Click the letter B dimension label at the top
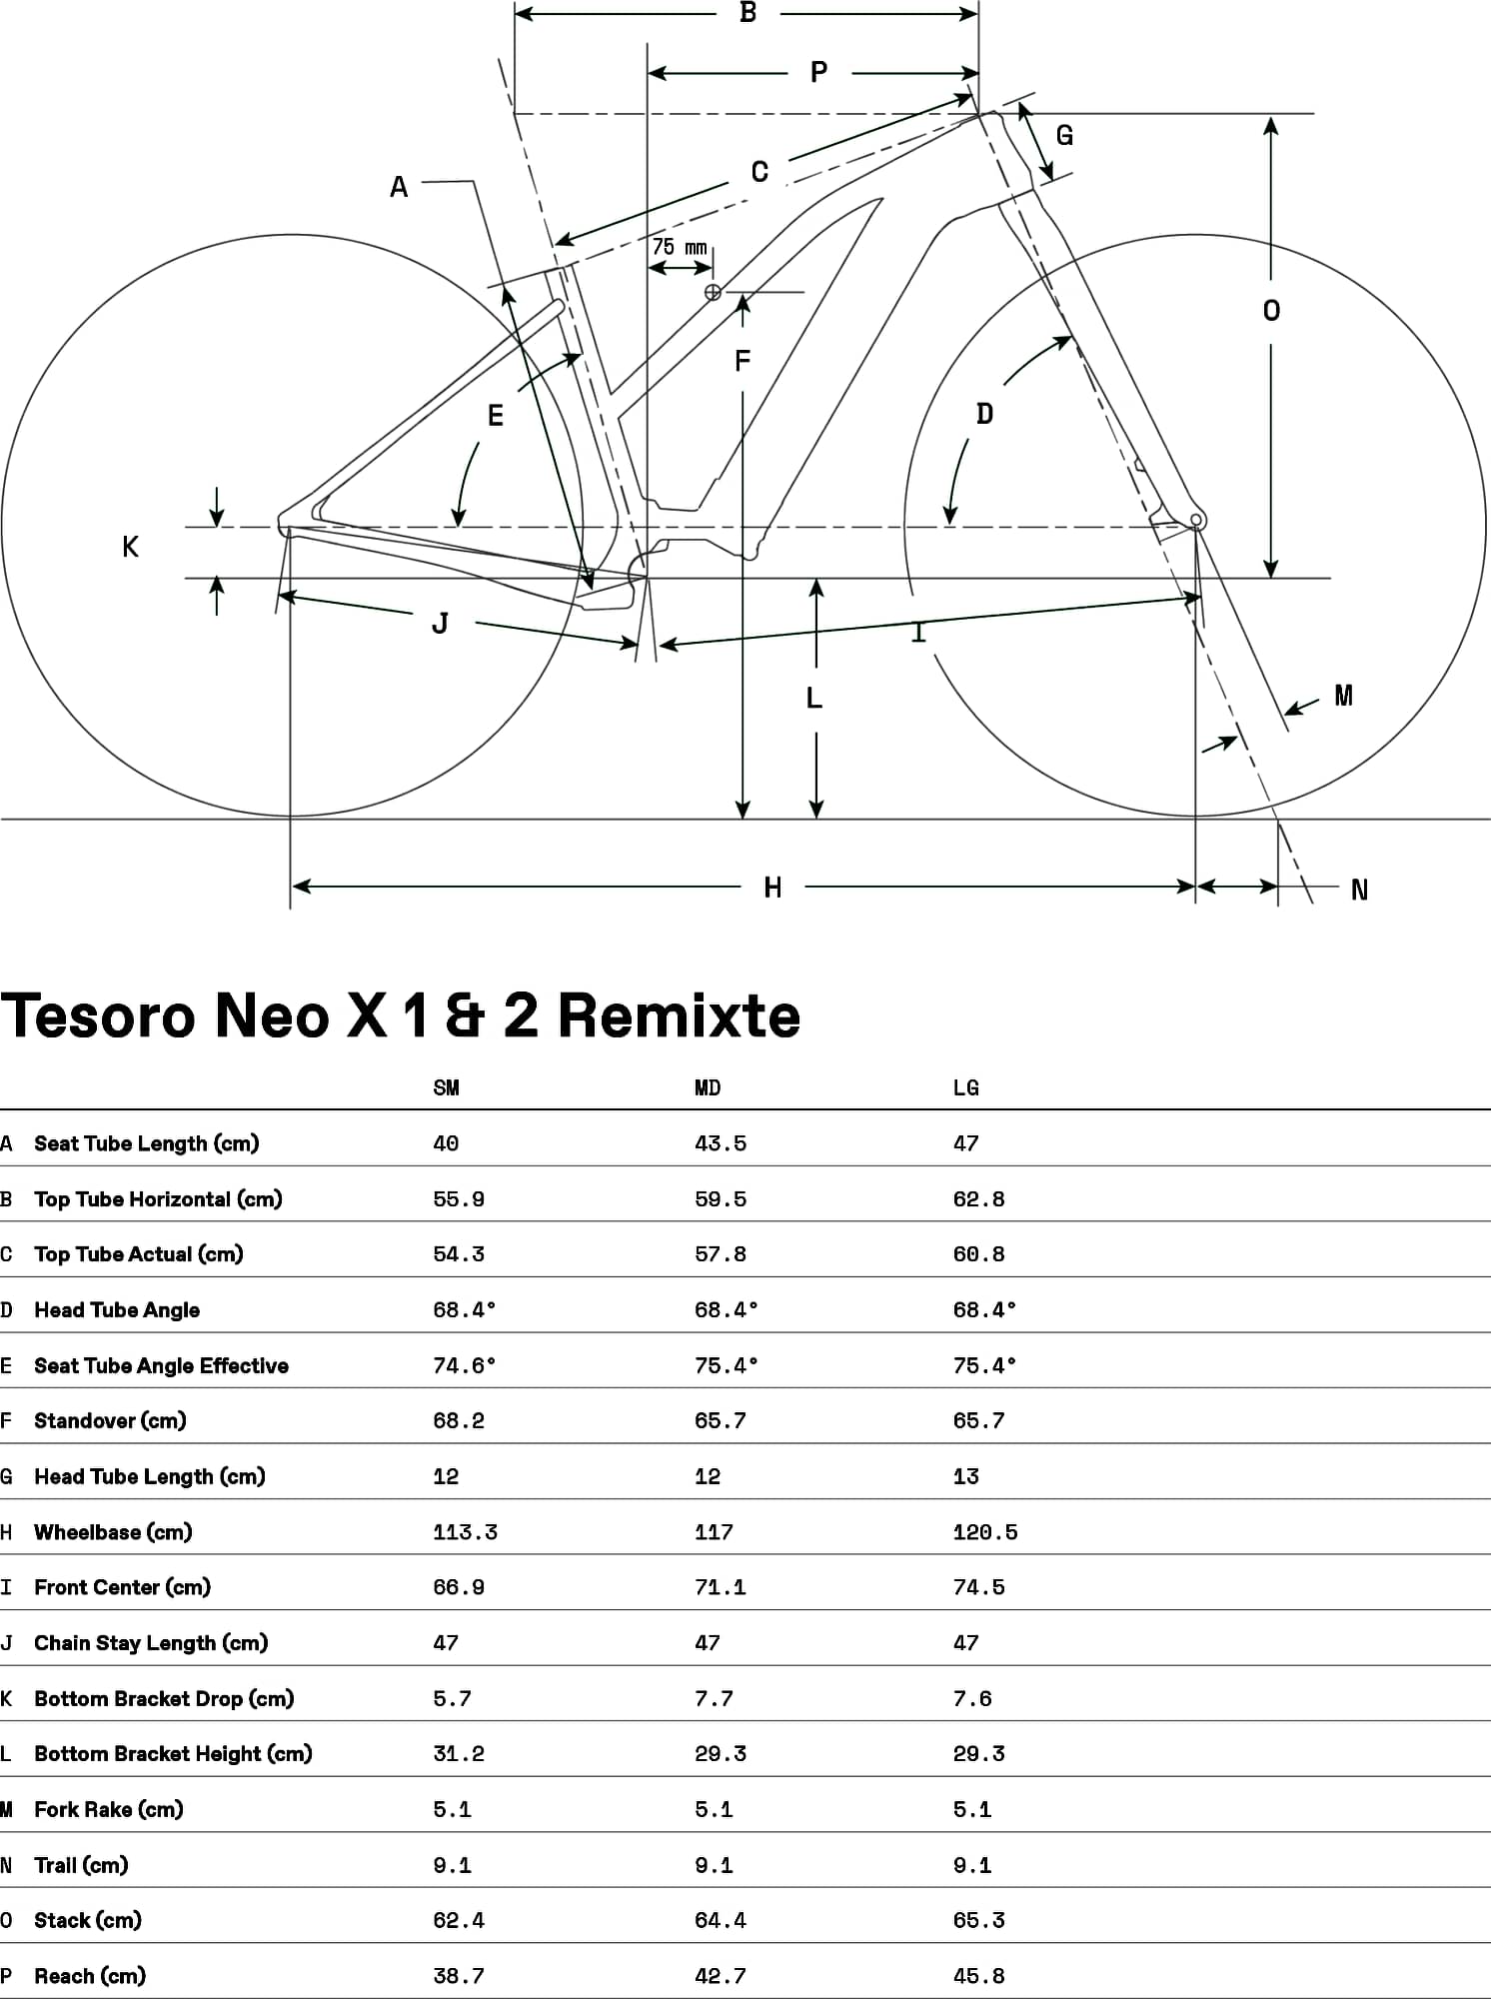tap(747, 13)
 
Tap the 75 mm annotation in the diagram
tap(680, 247)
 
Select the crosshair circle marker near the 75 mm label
tap(713, 292)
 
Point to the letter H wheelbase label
tap(772, 888)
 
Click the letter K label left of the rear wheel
tap(130, 547)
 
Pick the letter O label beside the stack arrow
tap(1271, 311)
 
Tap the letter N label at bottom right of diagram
tap(1359, 890)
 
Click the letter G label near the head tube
tap(1065, 135)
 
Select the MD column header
tap(708, 1087)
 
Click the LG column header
tap(966, 1087)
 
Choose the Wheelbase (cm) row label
tap(113, 1531)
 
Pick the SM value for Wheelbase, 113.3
tap(465, 1532)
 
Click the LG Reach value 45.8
tap(978, 1976)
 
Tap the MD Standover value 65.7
tap(721, 1420)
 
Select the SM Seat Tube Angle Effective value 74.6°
tap(465, 1365)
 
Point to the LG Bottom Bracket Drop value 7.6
tap(972, 1698)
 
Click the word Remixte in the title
tap(680, 1015)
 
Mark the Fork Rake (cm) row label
tap(109, 1809)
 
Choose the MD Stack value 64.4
tap(721, 1920)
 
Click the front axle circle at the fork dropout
tap(1196, 520)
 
